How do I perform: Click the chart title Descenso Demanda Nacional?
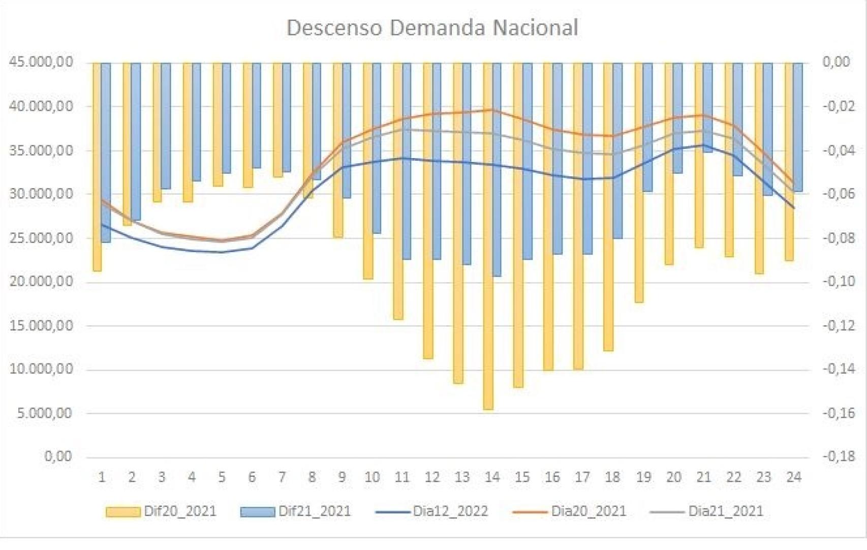432,27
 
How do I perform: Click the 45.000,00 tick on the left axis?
41,62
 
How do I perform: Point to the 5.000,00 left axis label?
44,413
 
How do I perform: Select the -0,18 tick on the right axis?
839,456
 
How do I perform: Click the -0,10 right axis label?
839,281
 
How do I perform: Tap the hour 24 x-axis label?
794,477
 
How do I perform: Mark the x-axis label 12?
432,477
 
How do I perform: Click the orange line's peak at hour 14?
492,109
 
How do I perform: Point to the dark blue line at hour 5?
222,252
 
